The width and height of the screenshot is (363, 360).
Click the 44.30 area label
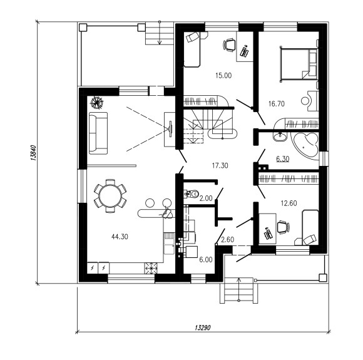coord(120,237)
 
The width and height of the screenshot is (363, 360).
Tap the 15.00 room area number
coord(223,76)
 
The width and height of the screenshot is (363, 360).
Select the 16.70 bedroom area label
coord(277,103)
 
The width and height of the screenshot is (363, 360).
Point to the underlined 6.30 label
coord(283,158)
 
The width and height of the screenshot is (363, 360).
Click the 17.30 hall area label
coord(220,165)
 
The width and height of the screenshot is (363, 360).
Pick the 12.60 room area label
coord(289,203)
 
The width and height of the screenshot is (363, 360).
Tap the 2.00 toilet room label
coord(206,198)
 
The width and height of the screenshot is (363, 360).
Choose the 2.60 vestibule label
coord(228,239)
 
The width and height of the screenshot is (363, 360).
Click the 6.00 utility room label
coord(206,260)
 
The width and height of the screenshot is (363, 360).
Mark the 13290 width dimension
coord(203,327)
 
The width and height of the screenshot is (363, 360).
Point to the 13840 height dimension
coord(33,153)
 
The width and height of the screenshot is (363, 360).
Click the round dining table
coord(110,196)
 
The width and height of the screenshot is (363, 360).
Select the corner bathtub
coord(305,146)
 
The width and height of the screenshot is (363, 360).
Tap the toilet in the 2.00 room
coord(192,193)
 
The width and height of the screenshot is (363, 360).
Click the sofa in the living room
coord(98,133)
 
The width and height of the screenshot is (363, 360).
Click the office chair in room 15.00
coord(229,45)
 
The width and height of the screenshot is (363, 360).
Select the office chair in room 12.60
coord(283,227)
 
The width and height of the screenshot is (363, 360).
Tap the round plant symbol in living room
coord(97,102)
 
